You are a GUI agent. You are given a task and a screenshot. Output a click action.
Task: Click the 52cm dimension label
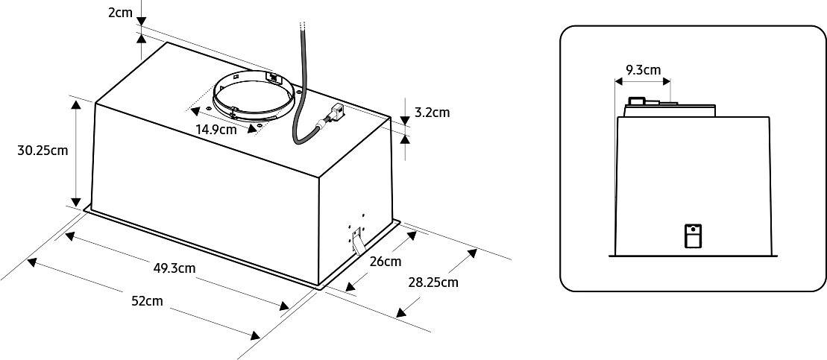(147, 302)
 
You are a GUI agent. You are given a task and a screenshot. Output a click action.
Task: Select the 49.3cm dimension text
(174, 268)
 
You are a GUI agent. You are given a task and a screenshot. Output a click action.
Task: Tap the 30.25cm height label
(43, 151)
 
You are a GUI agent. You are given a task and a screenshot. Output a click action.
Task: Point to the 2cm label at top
(120, 12)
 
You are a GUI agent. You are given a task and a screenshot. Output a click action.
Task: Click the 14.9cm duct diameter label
(216, 129)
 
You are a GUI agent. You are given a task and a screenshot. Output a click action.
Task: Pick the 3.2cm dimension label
(432, 113)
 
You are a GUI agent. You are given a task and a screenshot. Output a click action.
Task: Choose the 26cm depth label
(386, 262)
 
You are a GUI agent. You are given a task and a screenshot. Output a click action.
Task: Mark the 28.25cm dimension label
(433, 282)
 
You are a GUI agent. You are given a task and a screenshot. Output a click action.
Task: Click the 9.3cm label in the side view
(643, 70)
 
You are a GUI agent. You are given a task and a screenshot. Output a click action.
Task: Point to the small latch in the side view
(693, 236)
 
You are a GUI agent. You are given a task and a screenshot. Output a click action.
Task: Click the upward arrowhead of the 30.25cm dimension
(77, 105)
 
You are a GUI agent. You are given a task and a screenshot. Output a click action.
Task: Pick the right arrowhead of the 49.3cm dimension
(284, 306)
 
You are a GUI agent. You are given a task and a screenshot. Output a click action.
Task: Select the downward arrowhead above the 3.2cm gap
(404, 121)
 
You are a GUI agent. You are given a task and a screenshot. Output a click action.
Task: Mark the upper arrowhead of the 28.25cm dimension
(471, 253)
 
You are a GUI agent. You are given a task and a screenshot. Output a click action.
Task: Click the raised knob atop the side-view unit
(636, 101)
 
